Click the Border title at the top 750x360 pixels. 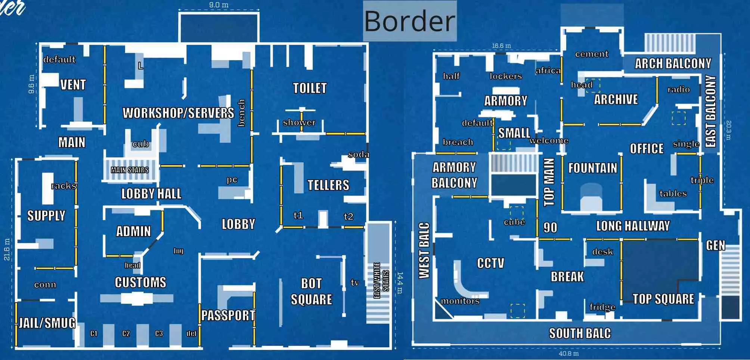tap(409, 21)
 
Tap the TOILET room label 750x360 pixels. tap(310, 88)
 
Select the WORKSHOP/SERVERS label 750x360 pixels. tap(178, 113)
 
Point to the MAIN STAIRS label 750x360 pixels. tap(130, 170)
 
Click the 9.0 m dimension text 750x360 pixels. tap(219, 5)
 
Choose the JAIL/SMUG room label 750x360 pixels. tap(47, 323)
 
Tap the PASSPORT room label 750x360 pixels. tap(228, 315)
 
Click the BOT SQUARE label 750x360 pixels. tap(312, 291)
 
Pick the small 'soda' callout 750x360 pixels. tap(358, 154)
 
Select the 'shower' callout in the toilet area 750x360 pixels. tap(299, 122)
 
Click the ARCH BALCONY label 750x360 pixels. tap(673, 63)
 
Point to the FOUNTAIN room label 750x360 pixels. tap(592, 168)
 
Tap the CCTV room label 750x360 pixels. tap(490, 263)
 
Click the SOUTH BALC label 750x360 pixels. tap(580, 333)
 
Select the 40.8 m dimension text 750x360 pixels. tap(568, 353)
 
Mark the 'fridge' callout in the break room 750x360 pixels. tap(602, 307)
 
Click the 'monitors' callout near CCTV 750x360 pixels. tap(460, 301)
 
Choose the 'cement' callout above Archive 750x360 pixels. tap(592, 54)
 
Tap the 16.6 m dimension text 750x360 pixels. tap(501, 46)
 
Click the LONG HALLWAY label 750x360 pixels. tap(633, 226)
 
